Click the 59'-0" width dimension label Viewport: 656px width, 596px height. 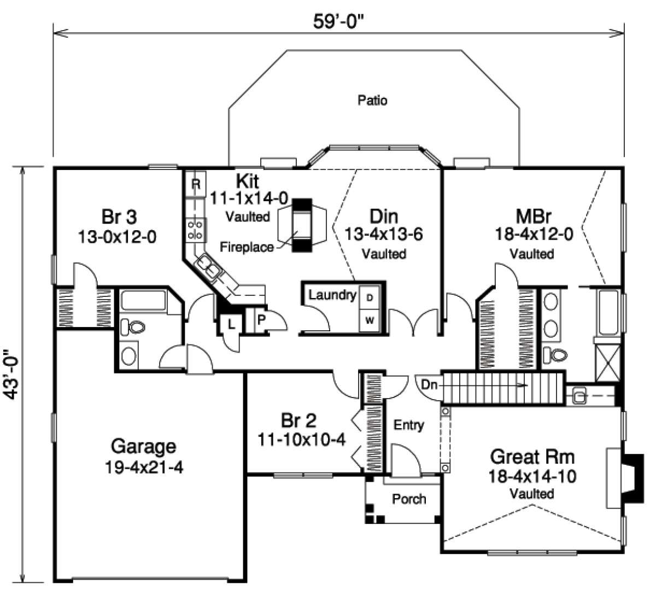(339, 22)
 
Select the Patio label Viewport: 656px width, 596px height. (372, 100)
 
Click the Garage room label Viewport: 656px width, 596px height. (143, 447)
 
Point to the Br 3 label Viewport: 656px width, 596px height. (119, 217)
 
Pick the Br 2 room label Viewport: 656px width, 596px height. (298, 420)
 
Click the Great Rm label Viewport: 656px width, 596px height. (532, 455)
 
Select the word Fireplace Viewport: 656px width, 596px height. (247, 247)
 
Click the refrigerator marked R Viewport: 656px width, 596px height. (195, 185)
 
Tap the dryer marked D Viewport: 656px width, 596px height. (370, 297)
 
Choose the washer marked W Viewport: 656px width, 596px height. (370, 320)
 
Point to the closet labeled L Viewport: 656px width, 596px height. (231, 324)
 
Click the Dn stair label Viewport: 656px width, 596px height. (430, 385)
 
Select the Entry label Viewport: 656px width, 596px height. (409, 425)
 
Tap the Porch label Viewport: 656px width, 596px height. (409, 499)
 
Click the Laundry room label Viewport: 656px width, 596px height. (332, 295)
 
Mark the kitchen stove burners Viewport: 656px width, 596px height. (195, 229)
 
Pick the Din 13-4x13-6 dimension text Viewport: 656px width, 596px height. (384, 235)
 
